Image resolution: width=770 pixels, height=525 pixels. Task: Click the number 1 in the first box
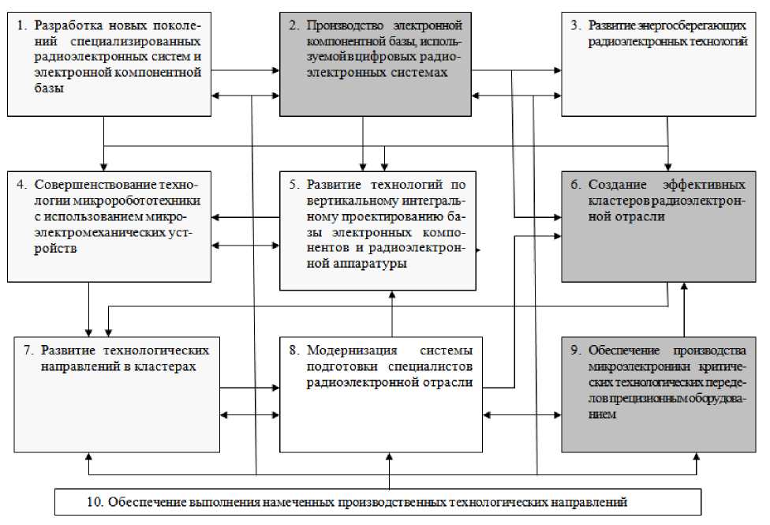click(x=21, y=24)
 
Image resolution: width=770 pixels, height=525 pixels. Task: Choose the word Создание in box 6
click(x=615, y=185)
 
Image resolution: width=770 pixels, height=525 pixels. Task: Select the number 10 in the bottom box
click(x=94, y=501)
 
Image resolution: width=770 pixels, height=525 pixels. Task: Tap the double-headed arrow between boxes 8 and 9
click(x=522, y=414)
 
